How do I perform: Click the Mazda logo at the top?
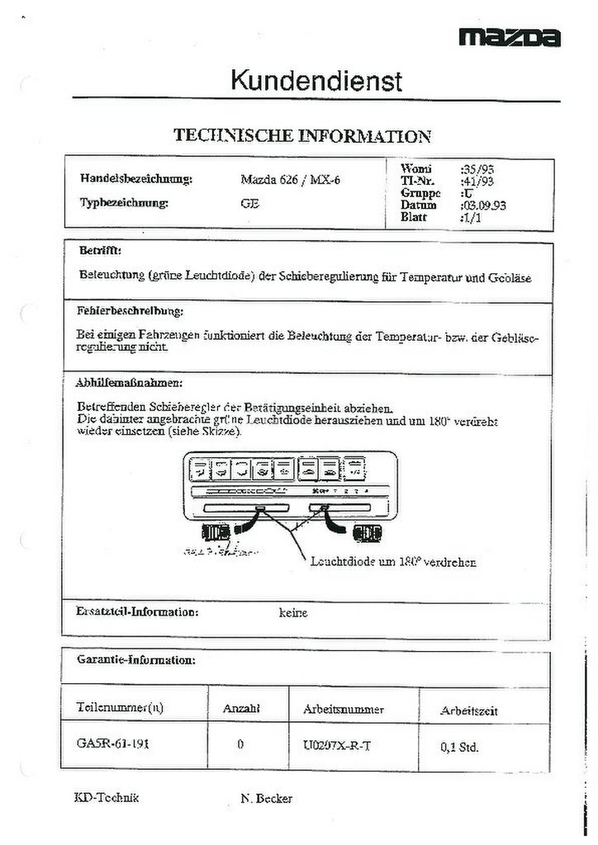510,37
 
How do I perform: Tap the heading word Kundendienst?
316,81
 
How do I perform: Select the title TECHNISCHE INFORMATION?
301,136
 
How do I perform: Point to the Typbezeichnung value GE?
249,202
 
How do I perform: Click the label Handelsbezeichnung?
136,179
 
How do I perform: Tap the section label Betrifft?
100,248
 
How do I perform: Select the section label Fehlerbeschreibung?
131,311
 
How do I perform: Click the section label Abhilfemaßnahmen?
129,383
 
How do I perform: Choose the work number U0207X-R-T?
338,744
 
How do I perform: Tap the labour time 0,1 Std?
460,748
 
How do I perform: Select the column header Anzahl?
241,709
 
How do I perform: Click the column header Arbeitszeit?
469,710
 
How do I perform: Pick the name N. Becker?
266,798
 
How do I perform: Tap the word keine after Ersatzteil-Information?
293,613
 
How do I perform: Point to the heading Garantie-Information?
135,660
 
